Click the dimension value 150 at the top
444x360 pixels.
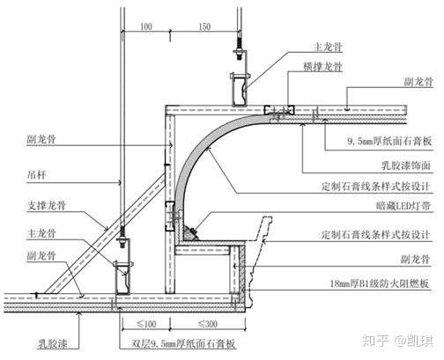tap(204, 26)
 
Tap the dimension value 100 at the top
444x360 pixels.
tap(146, 26)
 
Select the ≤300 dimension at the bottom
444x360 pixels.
tap(208, 324)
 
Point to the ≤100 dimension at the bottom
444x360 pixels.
tap(146, 324)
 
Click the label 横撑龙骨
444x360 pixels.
tap(322, 67)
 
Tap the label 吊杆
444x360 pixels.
tap(37, 175)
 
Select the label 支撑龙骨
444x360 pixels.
tap(47, 205)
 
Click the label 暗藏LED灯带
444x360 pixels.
tap(403, 206)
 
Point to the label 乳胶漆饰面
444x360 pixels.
tap(406, 165)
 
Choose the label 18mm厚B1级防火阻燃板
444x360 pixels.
tap(380, 283)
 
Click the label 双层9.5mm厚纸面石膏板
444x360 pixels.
tap(183, 343)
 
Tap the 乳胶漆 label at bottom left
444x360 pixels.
tap(53, 343)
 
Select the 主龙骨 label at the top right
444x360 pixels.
tap(328, 47)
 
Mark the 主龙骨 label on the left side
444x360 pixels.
tap(41, 234)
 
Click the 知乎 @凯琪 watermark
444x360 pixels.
tap(397, 341)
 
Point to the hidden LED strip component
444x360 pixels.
tap(190, 233)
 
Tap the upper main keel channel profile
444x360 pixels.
tap(240, 90)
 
